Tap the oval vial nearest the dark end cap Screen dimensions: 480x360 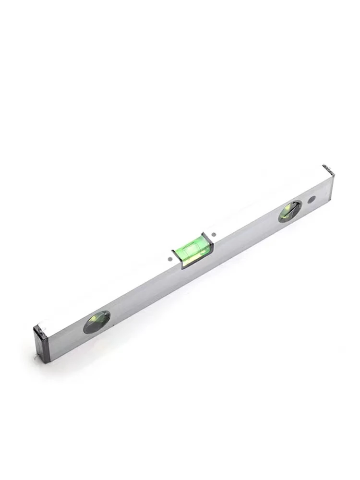click(97, 321)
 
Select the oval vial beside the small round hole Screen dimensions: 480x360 click(290, 211)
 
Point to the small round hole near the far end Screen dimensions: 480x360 click(312, 199)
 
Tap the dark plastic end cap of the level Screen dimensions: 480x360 click(40, 338)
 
